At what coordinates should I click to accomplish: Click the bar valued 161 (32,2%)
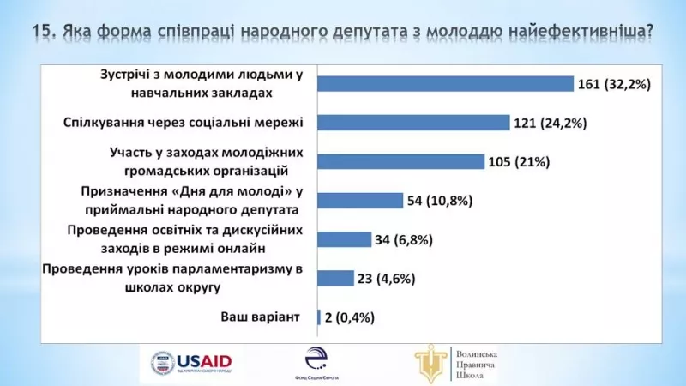click(445, 83)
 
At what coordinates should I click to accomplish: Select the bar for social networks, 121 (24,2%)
click(413, 123)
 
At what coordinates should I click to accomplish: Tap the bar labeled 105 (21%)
click(400, 162)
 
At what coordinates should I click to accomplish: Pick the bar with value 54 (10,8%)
click(360, 201)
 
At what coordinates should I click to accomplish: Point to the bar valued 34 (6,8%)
click(344, 239)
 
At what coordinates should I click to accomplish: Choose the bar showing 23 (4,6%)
click(335, 278)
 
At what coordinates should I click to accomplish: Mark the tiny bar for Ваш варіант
click(319, 317)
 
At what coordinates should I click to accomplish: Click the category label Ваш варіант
click(260, 317)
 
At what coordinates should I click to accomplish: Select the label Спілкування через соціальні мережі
click(184, 122)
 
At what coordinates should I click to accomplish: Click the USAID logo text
click(205, 360)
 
